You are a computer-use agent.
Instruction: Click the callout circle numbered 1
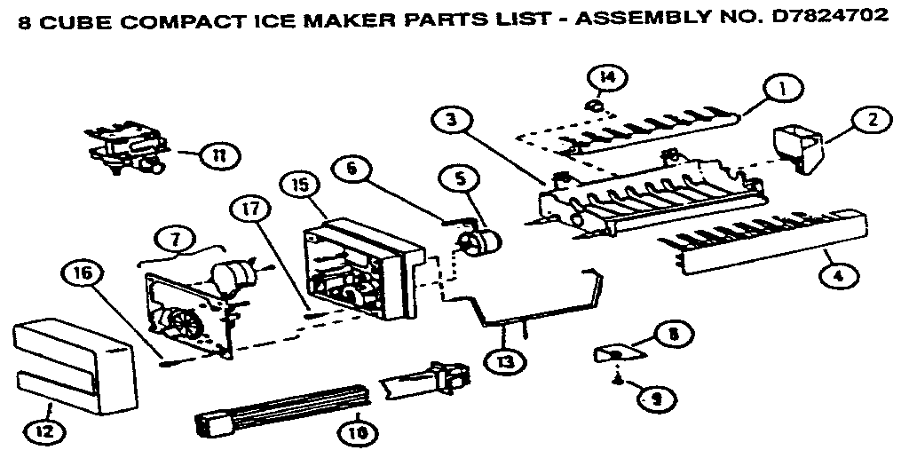point(783,90)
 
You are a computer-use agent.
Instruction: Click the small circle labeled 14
point(605,79)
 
